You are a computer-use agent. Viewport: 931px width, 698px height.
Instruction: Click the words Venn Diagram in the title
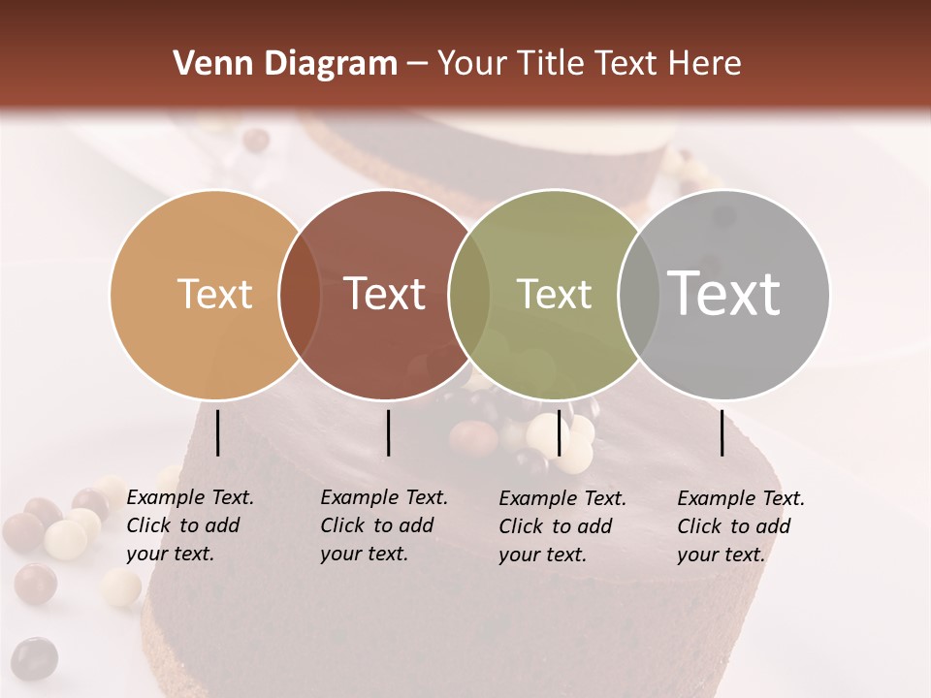[x=285, y=64]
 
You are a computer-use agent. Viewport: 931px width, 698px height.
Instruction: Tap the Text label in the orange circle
[x=214, y=294]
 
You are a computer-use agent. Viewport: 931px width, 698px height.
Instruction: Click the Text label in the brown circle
[x=384, y=294]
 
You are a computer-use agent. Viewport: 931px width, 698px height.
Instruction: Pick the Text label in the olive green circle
[x=554, y=294]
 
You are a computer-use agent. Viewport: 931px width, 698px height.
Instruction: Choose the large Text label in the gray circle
[x=723, y=293]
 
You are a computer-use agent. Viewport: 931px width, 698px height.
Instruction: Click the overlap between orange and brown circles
[x=300, y=295]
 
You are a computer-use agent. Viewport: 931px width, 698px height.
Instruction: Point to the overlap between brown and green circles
[x=469, y=295]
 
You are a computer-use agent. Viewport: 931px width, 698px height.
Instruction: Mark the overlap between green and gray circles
[x=638, y=295]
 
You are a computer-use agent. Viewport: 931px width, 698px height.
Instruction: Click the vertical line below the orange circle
[x=218, y=432]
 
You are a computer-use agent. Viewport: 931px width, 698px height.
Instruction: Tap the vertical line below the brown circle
[x=388, y=432]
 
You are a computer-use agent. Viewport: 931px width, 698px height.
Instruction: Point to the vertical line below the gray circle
[x=722, y=432]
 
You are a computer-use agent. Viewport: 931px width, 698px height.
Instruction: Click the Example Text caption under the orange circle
[x=189, y=525]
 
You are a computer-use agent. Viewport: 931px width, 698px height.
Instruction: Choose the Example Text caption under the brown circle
[x=383, y=525]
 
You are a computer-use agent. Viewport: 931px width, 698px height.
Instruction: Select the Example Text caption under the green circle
[x=562, y=526]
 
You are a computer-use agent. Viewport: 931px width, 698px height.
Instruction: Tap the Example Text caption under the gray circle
[x=740, y=526]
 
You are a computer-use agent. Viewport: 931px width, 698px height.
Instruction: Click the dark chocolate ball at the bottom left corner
[x=34, y=658]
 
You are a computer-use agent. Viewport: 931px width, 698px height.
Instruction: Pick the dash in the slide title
[x=417, y=64]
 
